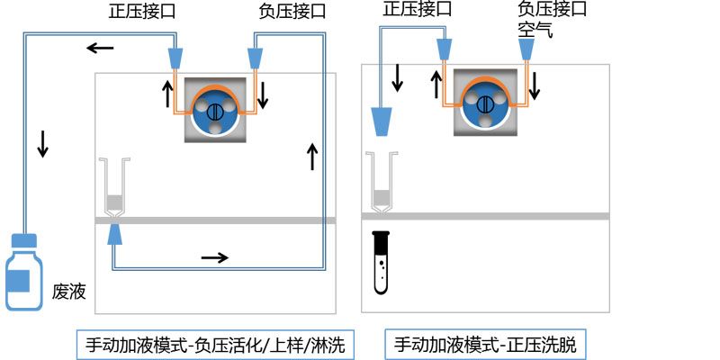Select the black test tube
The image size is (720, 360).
pyautogui.click(x=382, y=262)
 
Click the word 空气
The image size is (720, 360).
pyautogui.click(x=535, y=30)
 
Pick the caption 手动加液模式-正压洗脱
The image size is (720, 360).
pyautogui.click(x=491, y=344)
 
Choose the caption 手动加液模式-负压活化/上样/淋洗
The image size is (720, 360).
pyautogui.click(x=215, y=344)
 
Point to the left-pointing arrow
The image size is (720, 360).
pyautogui.click(x=100, y=47)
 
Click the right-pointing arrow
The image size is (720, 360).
pyautogui.click(x=214, y=257)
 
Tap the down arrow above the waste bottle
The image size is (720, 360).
pyautogui.click(x=42, y=144)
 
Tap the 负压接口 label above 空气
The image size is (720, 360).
pyautogui.click(x=553, y=10)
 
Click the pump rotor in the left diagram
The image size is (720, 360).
pyautogui.click(x=214, y=111)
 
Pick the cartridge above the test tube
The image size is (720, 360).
pyautogui.click(x=382, y=184)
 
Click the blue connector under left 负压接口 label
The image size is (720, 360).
pyautogui.click(x=256, y=57)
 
